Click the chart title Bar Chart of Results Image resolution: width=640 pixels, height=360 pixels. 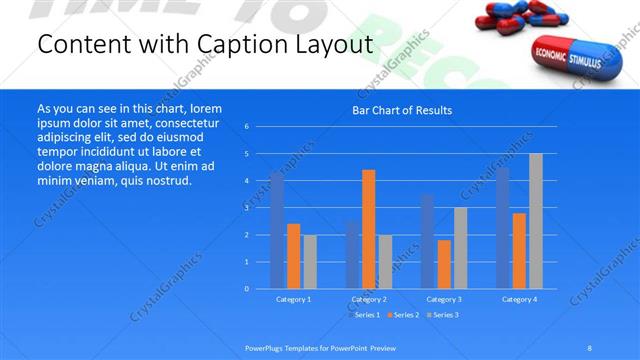pos(402,110)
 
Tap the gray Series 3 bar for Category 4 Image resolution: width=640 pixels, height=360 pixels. pos(536,221)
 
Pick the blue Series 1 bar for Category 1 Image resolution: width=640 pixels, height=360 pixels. pos(277,230)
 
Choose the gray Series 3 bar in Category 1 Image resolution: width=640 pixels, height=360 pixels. pos(310,261)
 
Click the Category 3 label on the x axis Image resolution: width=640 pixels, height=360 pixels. pos(444,299)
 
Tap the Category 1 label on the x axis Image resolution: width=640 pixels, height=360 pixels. pos(293,299)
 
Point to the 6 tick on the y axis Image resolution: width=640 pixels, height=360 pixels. pos(246,127)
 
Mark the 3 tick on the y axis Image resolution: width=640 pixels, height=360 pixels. pos(246,208)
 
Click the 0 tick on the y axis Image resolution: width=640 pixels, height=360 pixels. pos(246,289)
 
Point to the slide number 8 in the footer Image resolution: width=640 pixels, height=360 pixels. pos(590,347)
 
